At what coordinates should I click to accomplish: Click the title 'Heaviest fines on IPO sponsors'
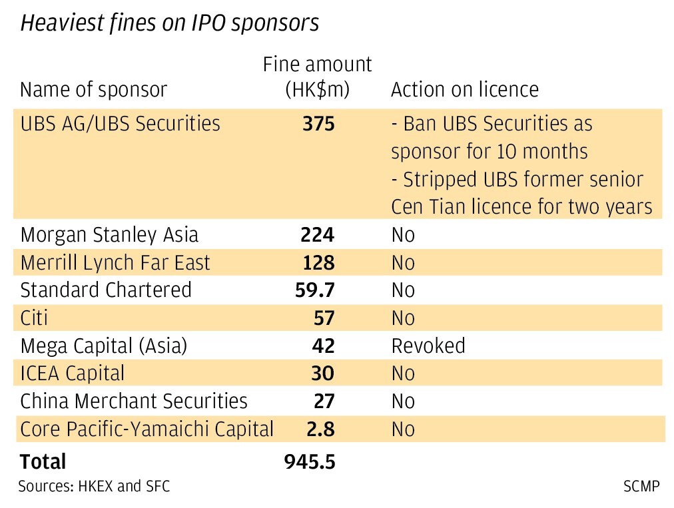click(170, 23)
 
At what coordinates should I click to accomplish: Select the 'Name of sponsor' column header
click(93, 89)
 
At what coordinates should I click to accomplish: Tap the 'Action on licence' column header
click(464, 89)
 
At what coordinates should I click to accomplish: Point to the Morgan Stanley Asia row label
click(109, 235)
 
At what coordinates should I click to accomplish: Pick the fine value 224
click(318, 235)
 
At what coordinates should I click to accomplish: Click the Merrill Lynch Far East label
click(115, 263)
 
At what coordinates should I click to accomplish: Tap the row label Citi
click(35, 318)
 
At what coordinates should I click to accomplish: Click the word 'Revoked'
click(428, 346)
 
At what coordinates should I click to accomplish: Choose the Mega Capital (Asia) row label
click(104, 346)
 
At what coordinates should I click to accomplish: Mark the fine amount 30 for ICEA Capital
click(323, 374)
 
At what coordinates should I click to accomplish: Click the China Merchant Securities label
click(134, 401)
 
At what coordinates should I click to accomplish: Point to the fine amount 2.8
click(320, 429)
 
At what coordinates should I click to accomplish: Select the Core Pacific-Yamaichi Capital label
click(147, 429)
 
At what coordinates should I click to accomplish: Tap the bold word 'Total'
click(43, 461)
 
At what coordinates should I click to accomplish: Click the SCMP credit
click(641, 487)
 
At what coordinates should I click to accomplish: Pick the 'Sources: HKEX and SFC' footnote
click(94, 487)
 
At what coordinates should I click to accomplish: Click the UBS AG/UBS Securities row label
click(120, 125)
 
